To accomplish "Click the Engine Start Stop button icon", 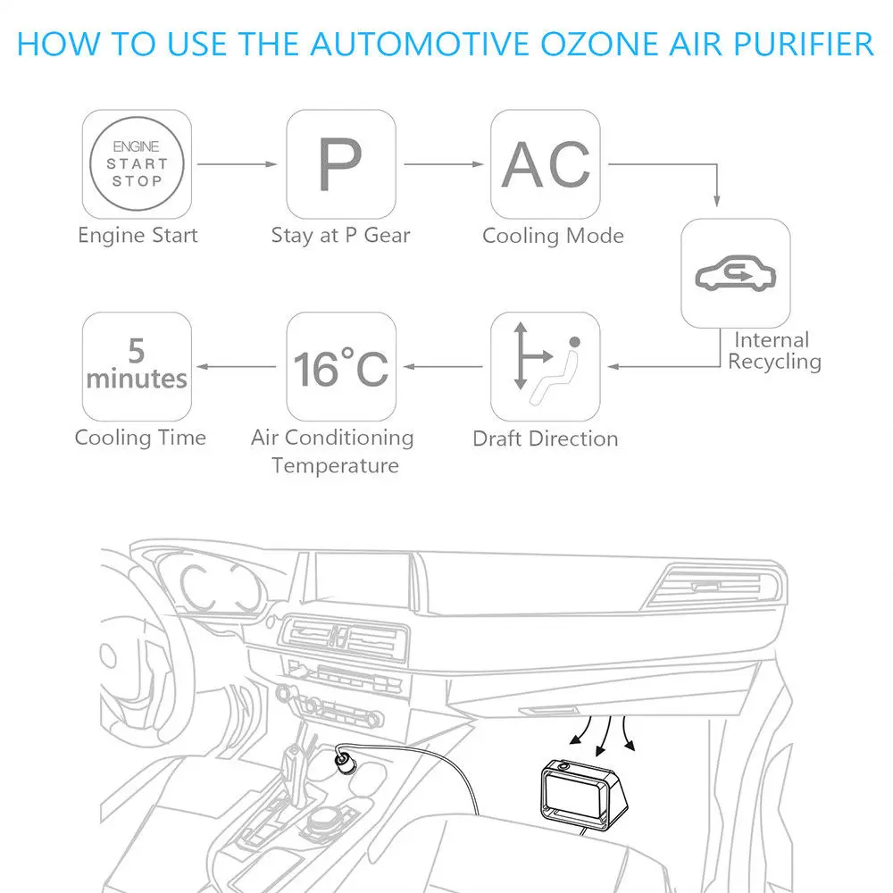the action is [137, 163].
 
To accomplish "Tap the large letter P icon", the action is [340, 163].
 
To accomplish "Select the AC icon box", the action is [546, 163].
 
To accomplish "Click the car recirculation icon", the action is [735, 273].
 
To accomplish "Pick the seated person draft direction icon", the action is [546, 366].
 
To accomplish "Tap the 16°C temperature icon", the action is [340, 366].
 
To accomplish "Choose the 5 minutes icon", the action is [137, 366].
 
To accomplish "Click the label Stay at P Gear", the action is [340, 236].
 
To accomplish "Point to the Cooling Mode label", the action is [553, 236].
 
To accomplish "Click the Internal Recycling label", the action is [773, 351].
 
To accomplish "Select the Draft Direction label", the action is [545, 438].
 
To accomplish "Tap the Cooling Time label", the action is [140, 438].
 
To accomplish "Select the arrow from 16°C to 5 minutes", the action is [236, 366].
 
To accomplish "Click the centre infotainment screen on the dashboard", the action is [362, 584].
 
